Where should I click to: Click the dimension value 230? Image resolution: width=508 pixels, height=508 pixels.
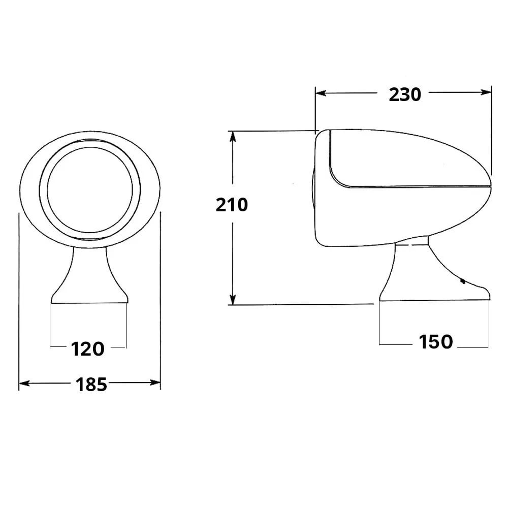(x=405, y=94)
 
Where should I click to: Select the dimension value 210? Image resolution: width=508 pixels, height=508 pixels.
(x=232, y=205)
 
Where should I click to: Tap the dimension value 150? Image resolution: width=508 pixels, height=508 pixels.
(x=436, y=342)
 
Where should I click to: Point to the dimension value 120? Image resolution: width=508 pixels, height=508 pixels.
(x=87, y=349)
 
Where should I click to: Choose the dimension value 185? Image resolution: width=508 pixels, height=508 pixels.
(x=91, y=385)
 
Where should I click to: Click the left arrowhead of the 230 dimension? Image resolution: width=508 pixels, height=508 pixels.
(x=321, y=93)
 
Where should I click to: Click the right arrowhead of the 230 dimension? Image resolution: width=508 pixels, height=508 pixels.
(x=486, y=92)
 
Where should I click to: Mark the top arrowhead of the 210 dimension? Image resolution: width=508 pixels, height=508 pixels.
(x=233, y=137)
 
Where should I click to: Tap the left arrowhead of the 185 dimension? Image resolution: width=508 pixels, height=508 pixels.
(x=24, y=384)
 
